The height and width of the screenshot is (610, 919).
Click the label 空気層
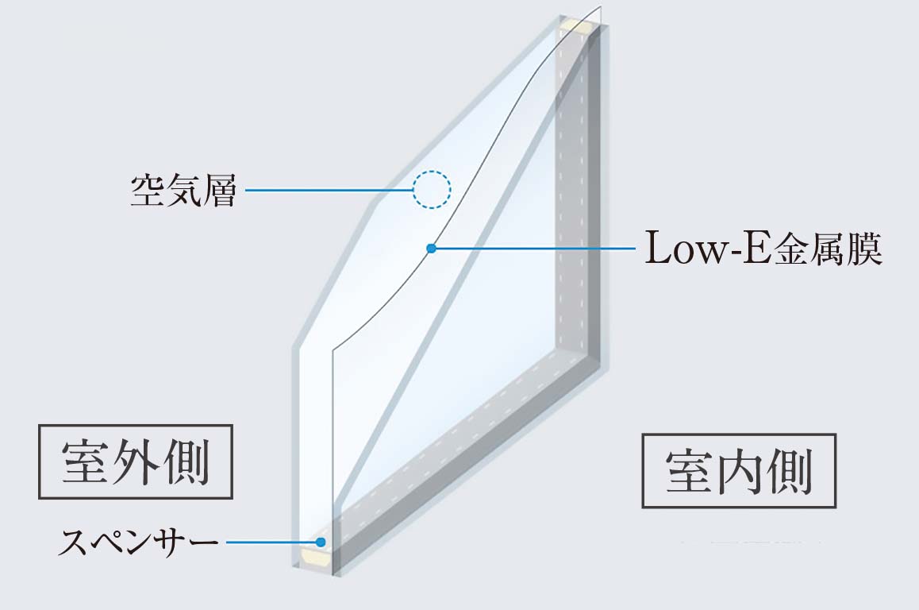183,190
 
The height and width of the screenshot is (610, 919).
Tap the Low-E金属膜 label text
763,248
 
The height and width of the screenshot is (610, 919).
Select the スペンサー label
138,542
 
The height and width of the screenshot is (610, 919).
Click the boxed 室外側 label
136,461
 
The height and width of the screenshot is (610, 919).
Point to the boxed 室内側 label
739,470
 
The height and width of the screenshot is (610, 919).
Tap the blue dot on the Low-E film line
432,248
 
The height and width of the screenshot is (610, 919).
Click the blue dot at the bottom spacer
321,542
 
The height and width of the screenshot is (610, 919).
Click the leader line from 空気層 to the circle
329,190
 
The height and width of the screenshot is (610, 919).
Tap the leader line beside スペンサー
271,542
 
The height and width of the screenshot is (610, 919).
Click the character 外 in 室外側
136,461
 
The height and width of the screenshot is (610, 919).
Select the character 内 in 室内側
739,471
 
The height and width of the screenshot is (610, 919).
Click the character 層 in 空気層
218,190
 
